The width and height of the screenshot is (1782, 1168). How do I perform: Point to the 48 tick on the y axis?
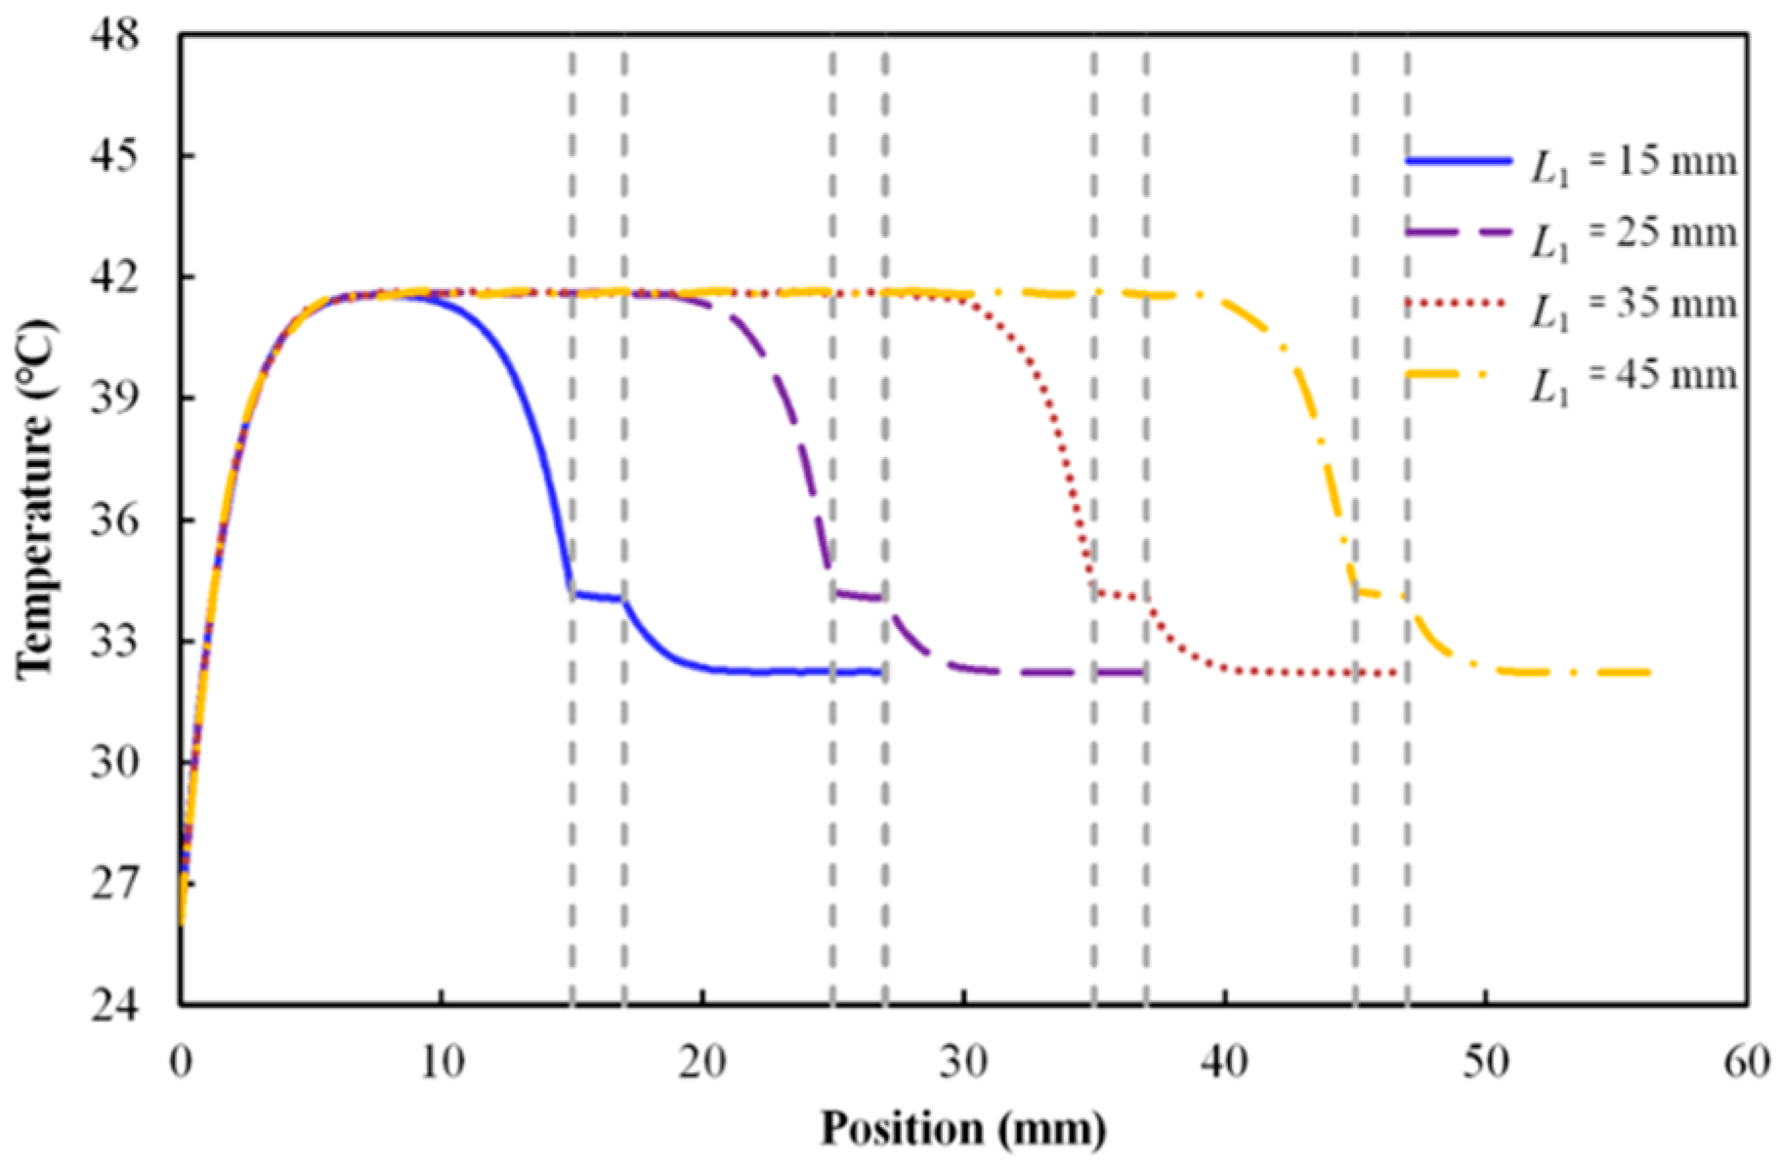pos(115,35)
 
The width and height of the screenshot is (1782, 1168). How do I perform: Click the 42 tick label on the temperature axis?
pos(115,277)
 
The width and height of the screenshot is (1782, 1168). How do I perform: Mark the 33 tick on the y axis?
pos(115,641)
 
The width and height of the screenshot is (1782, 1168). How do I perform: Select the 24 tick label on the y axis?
pos(115,1004)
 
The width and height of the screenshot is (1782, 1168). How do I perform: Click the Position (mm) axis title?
pos(963,1129)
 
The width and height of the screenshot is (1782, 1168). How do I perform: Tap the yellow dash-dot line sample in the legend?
pos(1459,376)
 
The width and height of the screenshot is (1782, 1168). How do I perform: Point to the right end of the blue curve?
pos(881,672)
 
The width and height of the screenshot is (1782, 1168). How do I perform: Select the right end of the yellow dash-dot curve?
pos(1649,672)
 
